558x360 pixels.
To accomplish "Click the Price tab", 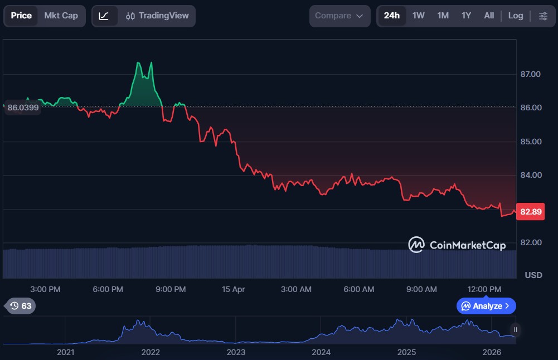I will [x=21, y=16].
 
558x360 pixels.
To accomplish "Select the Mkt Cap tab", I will [x=61, y=16].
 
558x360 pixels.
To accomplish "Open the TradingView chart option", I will [x=157, y=16].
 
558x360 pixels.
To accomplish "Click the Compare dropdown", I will [x=339, y=16].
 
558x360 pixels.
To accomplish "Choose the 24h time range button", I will [x=392, y=16].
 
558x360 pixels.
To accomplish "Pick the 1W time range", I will [x=419, y=16].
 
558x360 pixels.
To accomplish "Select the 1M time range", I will [x=443, y=16].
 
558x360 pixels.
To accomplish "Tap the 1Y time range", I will [x=466, y=16].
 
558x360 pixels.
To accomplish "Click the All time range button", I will [x=489, y=16].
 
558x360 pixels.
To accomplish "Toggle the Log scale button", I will [x=516, y=16].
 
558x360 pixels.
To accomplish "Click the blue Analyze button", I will [x=486, y=306].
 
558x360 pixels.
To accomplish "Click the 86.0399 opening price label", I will [x=23, y=108].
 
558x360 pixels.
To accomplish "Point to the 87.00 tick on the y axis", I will [x=531, y=74].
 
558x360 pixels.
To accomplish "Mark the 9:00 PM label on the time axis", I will [x=171, y=289].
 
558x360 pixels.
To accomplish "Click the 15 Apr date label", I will [x=233, y=289].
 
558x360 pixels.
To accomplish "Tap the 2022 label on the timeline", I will [x=151, y=352].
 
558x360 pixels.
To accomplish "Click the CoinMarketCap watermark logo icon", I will [x=416, y=245].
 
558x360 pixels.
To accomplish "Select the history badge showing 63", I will [x=21, y=306].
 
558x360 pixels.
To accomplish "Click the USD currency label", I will [x=533, y=275].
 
